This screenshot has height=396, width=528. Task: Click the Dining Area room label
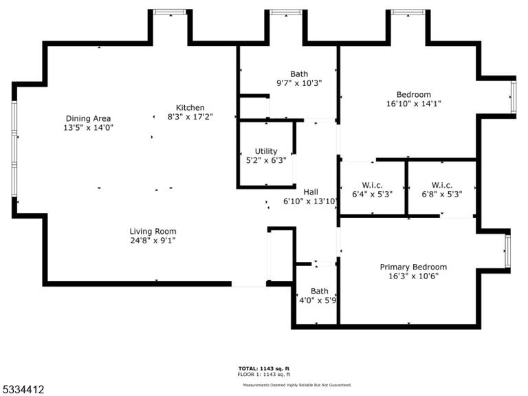tap(88, 118)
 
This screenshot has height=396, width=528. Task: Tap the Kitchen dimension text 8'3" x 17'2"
tap(190, 117)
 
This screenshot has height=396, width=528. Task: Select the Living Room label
tap(153, 231)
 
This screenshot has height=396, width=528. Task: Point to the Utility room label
tap(266, 151)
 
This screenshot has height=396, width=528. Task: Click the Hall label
tap(311, 192)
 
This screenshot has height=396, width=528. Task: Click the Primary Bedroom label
tap(413, 267)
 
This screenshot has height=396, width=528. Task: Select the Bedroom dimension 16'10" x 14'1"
tap(413, 104)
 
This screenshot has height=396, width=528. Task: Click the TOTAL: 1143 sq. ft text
tap(264, 368)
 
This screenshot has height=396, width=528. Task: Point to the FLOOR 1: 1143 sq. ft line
tap(264, 375)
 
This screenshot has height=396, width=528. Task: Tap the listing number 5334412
tap(22, 390)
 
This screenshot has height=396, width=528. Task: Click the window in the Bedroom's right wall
tap(514, 98)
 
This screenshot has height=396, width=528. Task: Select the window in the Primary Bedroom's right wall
tap(508, 251)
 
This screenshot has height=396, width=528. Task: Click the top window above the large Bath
tap(286, 12)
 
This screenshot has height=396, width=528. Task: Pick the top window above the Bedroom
tap(408, 12)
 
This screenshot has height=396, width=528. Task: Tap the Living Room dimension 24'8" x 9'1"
tap(153, 241)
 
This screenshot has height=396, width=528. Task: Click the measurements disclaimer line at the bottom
tap(297, 385)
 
